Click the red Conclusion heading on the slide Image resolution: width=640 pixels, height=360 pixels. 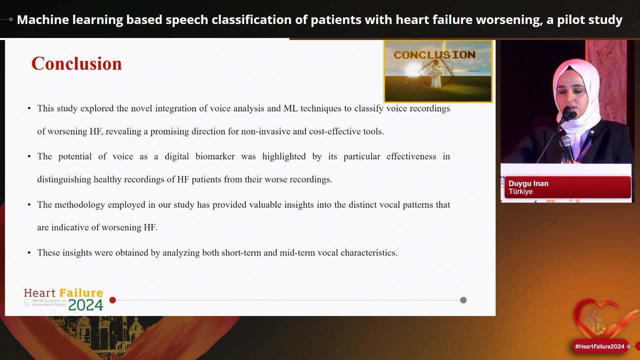click(x=76, y=64)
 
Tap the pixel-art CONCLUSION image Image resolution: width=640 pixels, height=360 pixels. click(x=438, y=71)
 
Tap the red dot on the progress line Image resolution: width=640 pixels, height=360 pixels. click(x=112, y=300)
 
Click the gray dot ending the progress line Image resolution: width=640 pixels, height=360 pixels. click(x=463, y=300)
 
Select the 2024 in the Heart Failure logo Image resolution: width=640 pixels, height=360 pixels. click(x=85, y=304)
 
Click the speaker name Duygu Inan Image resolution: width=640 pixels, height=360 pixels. click(x=528, y=183)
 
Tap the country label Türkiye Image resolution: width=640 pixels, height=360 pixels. click(x=520, y=192)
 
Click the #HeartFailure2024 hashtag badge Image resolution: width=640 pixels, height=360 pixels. click(x=599, y=346)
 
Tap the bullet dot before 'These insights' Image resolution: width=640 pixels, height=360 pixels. click(x=29, y=253)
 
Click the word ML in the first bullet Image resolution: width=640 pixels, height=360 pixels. click(x=290, y=108)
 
